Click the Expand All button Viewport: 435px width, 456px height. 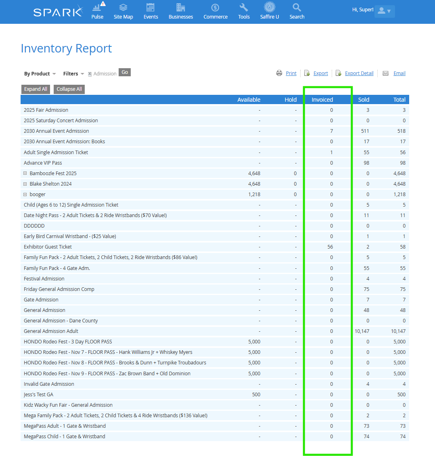36,89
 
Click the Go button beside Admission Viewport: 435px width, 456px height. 125,72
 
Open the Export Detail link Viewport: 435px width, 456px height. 359,73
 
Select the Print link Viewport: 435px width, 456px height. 291,73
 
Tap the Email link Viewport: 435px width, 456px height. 399,73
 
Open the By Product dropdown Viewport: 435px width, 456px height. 40,74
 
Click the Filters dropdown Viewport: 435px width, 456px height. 73,74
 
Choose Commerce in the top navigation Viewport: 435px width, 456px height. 215,11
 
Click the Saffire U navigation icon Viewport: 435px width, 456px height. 270,8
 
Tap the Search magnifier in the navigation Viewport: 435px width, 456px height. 297,8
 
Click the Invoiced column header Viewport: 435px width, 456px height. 322,100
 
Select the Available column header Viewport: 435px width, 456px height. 249,100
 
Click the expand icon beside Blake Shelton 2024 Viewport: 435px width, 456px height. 25,184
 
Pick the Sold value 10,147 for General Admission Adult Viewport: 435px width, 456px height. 361,331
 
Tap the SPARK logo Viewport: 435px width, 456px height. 58,12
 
